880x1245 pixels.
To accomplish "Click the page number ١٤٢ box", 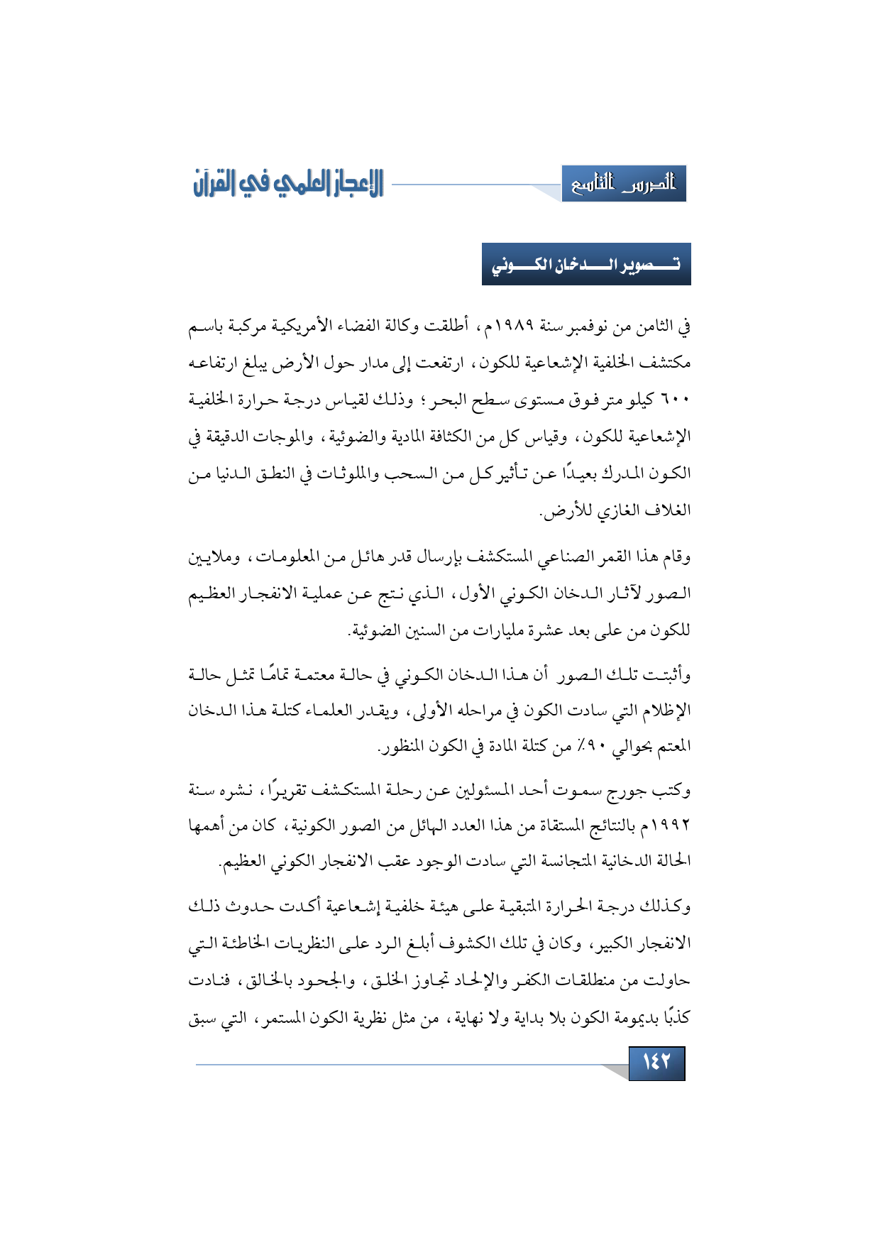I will [x=656, y=1063].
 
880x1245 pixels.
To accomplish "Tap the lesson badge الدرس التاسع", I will [x=624, y=185].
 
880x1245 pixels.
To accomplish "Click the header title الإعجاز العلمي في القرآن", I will [x=288, y=184].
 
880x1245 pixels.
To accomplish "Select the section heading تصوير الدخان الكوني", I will [x=586, y=264].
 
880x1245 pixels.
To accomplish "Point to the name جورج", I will [x=615, y=789].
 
